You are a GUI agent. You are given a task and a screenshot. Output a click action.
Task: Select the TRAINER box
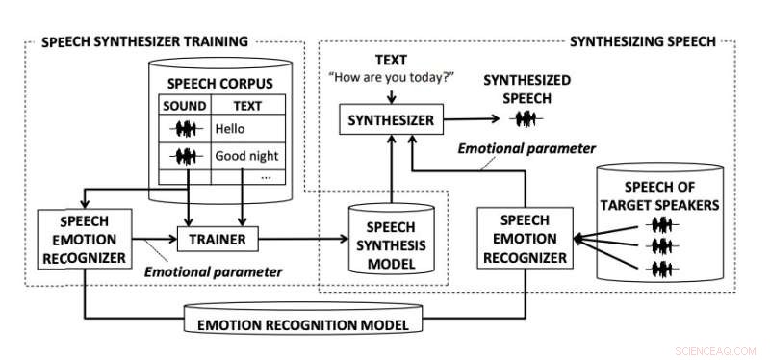pos(218,238)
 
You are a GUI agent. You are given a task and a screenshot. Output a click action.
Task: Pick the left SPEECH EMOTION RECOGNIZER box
pos(84,236)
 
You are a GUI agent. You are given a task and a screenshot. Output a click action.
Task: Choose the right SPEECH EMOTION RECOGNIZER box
pos(524,236)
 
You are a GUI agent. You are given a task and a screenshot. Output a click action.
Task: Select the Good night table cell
pos(247,155)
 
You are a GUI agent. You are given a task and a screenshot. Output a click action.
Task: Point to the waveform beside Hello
pos(183,127)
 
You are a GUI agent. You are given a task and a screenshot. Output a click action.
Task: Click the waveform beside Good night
pos(183,155)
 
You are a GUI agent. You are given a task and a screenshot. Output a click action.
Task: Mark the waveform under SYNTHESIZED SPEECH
pos(525,120)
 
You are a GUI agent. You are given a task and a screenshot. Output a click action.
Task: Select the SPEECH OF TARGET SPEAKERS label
pos(660,196)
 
